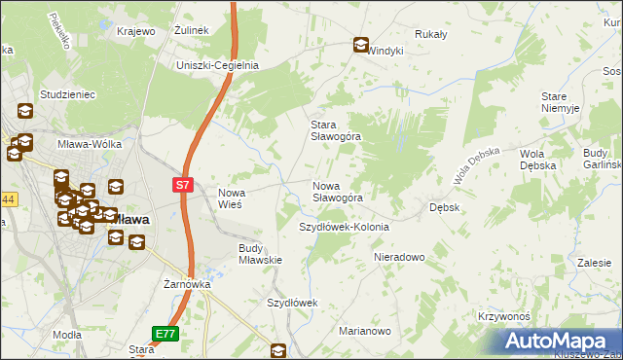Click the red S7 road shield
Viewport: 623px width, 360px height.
click(x=183, y=184)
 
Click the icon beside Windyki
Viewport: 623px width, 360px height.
click(x=360, y=44)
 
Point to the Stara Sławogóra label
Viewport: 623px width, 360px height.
click(x=336, y=130)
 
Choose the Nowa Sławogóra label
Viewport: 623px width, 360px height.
click(x=338, y=192)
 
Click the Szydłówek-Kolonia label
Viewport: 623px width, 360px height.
click(x=344, y=227)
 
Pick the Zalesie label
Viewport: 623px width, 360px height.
click(x=593, y=263)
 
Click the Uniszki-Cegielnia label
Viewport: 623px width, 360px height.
click(x=216, y=65)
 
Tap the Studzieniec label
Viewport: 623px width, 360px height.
click(x=66, y=94)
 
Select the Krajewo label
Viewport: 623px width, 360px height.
click(x=136, y=31)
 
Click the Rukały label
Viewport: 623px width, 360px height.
click(x=430, y=34)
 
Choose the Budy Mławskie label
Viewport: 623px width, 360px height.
click(x=260, y=254)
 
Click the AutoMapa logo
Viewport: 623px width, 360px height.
click(x=558, y=341)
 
